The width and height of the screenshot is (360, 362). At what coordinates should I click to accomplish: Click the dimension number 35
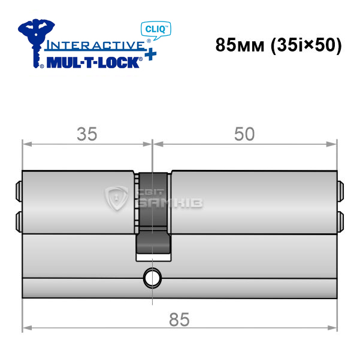pyautogui.click(x=87, y=134)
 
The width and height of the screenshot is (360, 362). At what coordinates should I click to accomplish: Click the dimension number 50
pyautogui.click(x=244, y=134)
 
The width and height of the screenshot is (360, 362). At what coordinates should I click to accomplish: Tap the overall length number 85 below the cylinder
pyautogui.click(x=179, y=320)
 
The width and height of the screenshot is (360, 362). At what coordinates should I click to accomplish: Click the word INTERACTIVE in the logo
pyautogui.click(x=95, y=45)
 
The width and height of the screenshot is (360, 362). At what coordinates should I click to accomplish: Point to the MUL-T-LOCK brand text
pyautogui.click(x=93, y=63)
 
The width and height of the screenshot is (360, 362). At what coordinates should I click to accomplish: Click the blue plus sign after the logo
pyautogui.click(x=150, y=54)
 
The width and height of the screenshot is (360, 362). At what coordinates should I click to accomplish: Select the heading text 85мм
pyautogui.click(x=240, y=45)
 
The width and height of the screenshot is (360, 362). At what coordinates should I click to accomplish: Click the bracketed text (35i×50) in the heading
pyautogui.click(x=306, y=45)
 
